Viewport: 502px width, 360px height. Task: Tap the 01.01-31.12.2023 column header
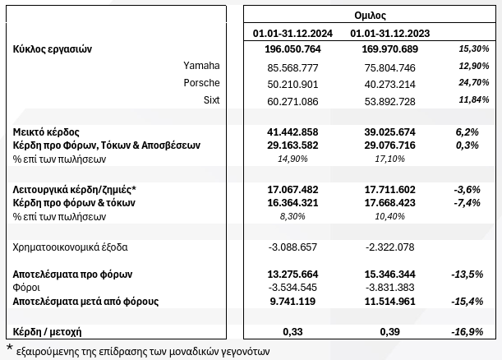(390, 34)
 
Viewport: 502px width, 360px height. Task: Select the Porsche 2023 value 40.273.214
(391, 83)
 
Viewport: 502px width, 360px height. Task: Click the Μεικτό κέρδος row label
(46, 131)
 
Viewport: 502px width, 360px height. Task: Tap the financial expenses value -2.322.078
(391, 247)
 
